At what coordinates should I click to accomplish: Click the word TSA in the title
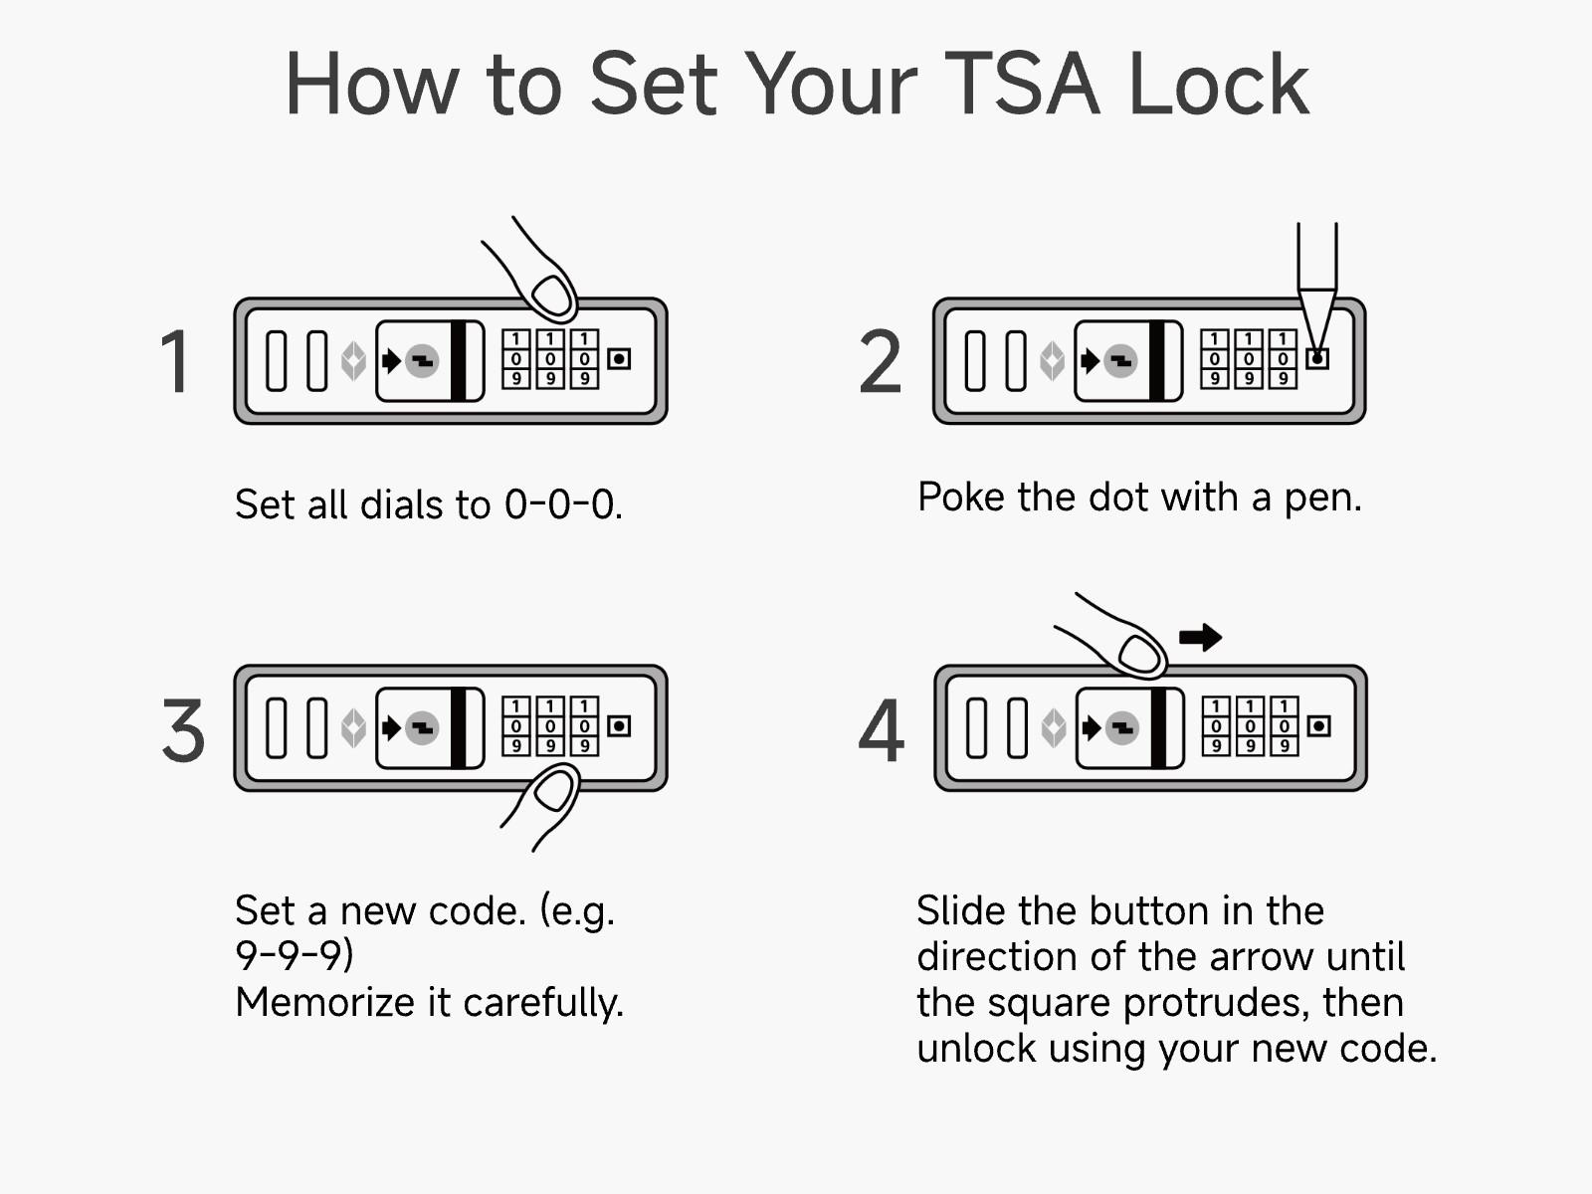pyautogui.click(x=1022, y=85)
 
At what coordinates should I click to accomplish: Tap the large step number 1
pyautogui.click(x=175, y=362)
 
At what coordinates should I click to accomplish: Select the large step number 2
pyautogui.click(x=881, y=362)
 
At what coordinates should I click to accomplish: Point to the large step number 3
pyautogui.click(x=183, y=730)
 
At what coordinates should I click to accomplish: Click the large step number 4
pyautogui.click(x=882, y=730)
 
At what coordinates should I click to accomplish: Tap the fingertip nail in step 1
pyautogui.click(x=553, y=295)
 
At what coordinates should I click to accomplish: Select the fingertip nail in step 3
pyautogui.click(x=553, y=792)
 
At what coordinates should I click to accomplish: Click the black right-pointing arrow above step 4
pyautogui.click(x=1200, y=637)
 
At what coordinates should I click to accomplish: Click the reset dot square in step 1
pyautogui.click(x=619, y=358)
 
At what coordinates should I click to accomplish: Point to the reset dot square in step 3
pyautogui.click(x=619, y=726)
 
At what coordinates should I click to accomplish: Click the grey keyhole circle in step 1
pyautogui.click(x=422, y=360)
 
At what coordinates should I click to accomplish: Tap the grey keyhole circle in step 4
pyautogui.click(x=1122, y=728)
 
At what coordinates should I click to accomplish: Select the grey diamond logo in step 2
pyautogui.click(x=1052, y=360)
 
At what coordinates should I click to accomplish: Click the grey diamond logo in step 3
pyautogui.click(x=352, y=728)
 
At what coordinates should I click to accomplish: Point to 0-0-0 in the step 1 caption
pyautogui.click(x=562, y=505)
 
